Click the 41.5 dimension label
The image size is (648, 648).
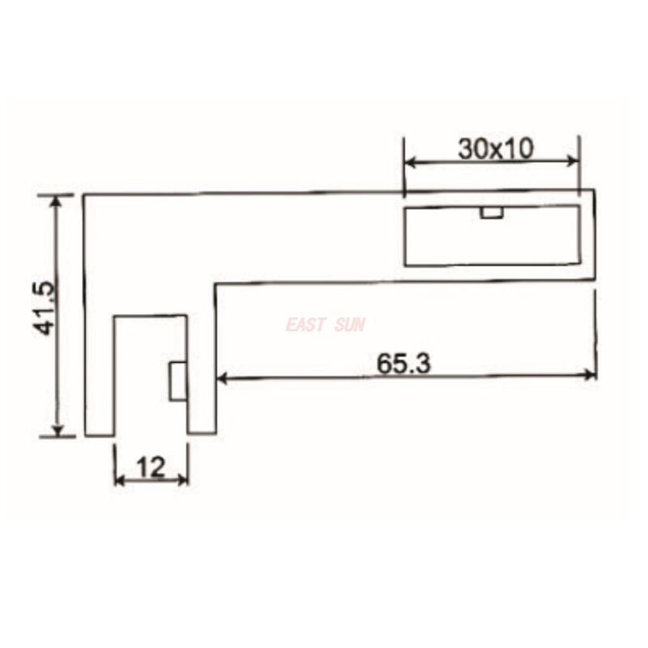point(45,308)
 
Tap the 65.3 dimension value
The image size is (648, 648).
point(404,364)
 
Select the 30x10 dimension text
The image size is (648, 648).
point(494,148)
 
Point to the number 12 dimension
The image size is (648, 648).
point(151,467)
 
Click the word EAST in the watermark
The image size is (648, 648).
point(305,325)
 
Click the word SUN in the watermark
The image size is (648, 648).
point(349,325)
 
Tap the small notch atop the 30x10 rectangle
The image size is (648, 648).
point(491,212)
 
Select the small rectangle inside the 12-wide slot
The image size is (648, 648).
point(177,381)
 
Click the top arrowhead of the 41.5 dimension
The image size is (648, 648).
point(56,201)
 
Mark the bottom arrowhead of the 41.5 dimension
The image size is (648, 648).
point(56,428)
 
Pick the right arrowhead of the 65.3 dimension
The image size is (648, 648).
point(590,374)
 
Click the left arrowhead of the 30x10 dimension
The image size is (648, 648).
point(411,162)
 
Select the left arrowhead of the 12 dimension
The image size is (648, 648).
point(120,480)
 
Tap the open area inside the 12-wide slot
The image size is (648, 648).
point(142,373)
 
